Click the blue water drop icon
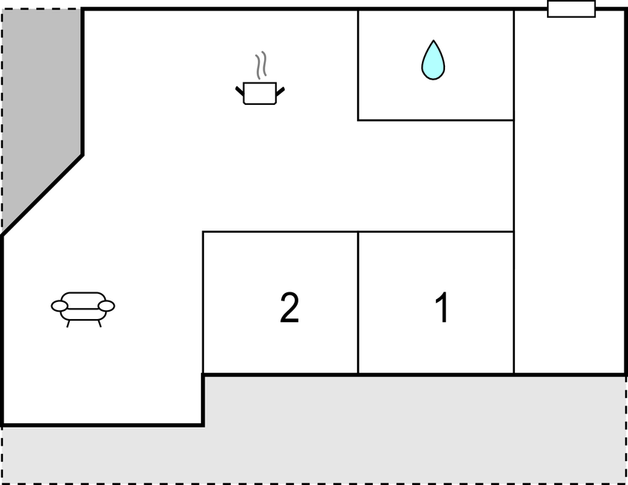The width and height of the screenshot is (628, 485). coord(433,60)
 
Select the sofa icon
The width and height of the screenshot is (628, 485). coord(83,309)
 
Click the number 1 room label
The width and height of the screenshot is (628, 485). coord(441,307)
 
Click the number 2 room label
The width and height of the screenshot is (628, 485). coord(289,307)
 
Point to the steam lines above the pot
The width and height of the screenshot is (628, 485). coord(260,65)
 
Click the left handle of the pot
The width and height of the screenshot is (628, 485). coord(240,91)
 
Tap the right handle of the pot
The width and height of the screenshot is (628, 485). coord(281,91)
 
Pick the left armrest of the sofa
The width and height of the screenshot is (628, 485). coord(60,306)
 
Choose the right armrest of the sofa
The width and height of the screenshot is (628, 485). coord(106,306)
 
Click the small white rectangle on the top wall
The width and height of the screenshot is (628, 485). coord(571,9)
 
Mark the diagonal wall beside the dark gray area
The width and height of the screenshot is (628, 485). coord(42,196)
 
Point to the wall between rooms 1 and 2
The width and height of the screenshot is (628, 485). coord(358,303)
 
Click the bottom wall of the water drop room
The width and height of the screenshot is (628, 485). coord(436,120)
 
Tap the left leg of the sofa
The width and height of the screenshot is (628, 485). coord(68,323)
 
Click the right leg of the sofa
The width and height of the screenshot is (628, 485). coord(99,323)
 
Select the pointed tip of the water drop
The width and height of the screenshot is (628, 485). coord(433,40)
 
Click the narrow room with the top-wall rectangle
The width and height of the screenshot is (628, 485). coord(569,192)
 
